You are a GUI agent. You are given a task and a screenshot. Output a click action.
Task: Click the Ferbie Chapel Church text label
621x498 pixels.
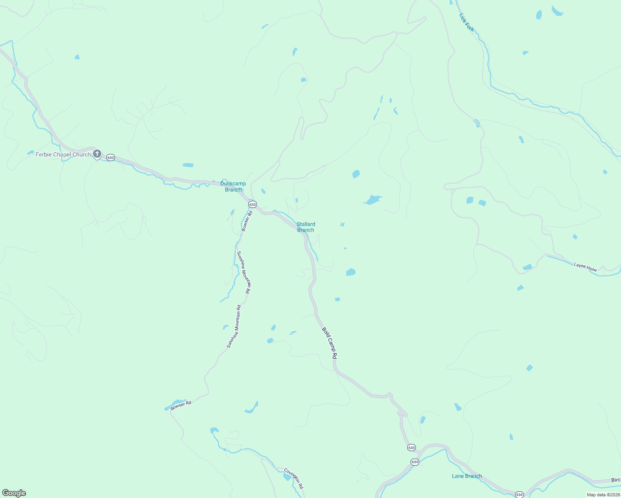63,154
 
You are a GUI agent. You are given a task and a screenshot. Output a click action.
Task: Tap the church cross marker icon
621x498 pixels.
97,154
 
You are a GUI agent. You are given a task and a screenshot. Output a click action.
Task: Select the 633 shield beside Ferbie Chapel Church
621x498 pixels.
110,158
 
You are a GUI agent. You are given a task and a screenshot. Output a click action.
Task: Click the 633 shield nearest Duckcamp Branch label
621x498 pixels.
252,205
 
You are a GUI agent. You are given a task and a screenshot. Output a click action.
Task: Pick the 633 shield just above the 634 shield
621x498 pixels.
411,448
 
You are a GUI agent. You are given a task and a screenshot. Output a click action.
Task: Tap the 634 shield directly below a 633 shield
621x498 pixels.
415,462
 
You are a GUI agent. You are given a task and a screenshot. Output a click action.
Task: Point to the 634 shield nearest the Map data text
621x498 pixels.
519,495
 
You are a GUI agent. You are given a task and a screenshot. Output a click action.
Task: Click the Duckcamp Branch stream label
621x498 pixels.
233,186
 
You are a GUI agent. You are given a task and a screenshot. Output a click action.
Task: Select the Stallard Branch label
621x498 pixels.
306,227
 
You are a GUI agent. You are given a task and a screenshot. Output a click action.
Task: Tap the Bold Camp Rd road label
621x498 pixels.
330,343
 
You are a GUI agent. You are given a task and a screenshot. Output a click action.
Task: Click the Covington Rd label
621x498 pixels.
293,478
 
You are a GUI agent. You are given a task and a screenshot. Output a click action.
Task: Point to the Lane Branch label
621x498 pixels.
467,476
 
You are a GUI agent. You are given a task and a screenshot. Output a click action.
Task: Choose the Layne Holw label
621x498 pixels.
585,267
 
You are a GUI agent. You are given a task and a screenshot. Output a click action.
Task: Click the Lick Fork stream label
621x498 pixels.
467,22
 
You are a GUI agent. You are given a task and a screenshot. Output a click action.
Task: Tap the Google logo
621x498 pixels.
14,493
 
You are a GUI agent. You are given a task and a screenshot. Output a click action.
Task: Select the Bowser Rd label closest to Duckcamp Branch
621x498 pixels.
247,221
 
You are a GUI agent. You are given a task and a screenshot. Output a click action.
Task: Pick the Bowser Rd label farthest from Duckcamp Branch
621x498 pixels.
181,405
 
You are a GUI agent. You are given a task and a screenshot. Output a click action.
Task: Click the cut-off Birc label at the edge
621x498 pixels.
616,480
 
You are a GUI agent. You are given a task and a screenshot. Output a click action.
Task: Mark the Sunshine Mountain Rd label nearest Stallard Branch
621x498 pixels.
243,272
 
